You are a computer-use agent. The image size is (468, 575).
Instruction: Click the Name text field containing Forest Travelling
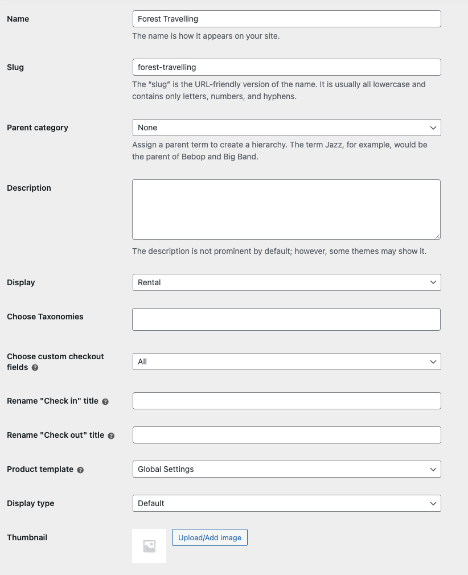click(286, 19)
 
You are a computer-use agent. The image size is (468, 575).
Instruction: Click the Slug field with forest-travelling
click(286, 67)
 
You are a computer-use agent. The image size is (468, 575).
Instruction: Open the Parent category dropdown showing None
click(286, 128)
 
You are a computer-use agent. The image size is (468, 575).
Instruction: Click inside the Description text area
click(286, 210)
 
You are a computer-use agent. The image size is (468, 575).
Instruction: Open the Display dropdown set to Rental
click(286, 282)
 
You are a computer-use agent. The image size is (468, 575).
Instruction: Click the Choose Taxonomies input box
click(286, 319)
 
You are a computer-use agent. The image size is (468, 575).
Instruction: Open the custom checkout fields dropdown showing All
click(286, 362)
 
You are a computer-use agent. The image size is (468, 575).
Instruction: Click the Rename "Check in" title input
click(286, 401)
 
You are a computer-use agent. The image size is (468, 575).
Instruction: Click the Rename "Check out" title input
click(286, 435)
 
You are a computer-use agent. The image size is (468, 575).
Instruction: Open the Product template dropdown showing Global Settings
click(286, 469)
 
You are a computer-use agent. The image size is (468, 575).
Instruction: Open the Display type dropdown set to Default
click(286, 503)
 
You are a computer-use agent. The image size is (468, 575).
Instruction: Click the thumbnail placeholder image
click(149, 546)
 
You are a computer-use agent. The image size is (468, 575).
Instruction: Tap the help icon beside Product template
click(80, 470)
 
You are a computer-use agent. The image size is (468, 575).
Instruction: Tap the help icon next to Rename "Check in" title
click(105, 401)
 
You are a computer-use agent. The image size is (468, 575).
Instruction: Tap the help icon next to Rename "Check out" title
click(111, 436)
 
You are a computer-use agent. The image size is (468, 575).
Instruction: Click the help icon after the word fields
click(35, 368)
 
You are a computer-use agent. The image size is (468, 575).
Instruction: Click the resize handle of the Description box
click(437, 236)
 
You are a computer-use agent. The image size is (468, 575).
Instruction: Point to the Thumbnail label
click(27, 537)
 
